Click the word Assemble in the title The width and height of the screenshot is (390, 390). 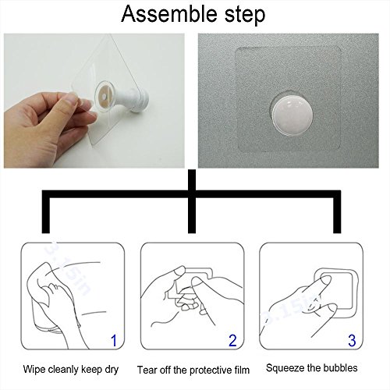[169, 14]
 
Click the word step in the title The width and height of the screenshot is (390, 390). [245, 16]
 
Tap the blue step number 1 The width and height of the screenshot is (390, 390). [114, 340]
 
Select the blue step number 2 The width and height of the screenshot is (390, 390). [232, 340]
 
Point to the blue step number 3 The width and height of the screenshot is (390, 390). [352, 340]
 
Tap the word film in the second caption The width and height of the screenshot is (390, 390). [240, 370]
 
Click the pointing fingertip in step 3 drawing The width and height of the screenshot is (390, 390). [326, 280]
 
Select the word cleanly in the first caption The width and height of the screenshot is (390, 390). [63, 370]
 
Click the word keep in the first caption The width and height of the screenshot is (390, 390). [91, 370]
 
